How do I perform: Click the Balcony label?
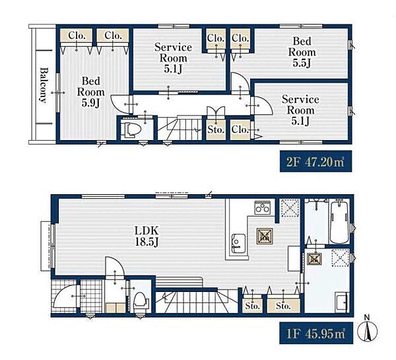click(x=44, y=85)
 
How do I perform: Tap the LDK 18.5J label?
click(x=147, y=236)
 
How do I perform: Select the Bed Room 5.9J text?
click(x=90, y=92)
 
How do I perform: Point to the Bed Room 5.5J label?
click(x=302, y=52)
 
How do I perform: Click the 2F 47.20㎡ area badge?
click(x=315, y=161)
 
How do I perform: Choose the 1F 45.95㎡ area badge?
click(x=316, y=333)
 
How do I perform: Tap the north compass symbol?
click(x=368, y=329)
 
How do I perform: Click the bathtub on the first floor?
click(x=340, y=221)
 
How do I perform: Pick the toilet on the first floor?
click(x=140, y=302)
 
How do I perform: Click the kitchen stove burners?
click(x=263, y=208)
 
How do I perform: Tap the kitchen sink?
click(x=238, y=243)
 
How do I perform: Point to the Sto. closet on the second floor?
click(x=216, y=129)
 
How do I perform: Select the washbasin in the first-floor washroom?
click(x=342, y=302)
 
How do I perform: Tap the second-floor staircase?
click(x=180, y=127)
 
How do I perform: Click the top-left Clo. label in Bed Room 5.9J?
click(x=77, y=36)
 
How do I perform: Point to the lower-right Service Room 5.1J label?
click(x=300, y=110)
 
